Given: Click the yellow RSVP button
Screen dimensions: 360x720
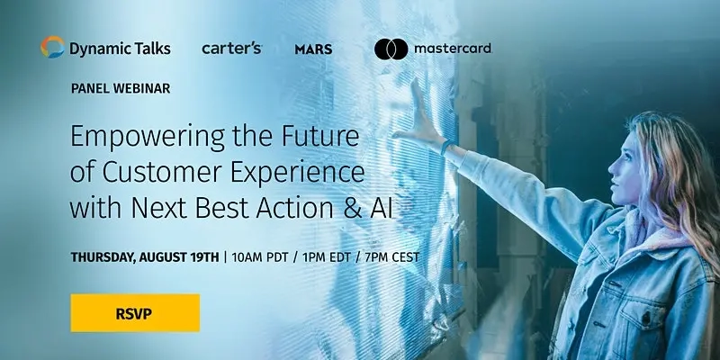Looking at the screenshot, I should (x=135, y=312).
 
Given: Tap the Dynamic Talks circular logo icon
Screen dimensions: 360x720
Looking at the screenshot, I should (x=52, y=48).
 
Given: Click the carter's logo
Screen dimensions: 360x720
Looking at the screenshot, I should (x=231, y=48).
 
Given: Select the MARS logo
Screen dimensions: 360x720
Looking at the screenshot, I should (x=313, y=49).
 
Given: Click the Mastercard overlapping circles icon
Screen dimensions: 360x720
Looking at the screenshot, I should (x=391, y=49).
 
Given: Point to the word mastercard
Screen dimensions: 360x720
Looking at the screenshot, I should (x=453, y=48).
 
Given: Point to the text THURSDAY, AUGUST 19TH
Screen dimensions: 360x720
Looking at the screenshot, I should (x=145, y=256).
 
